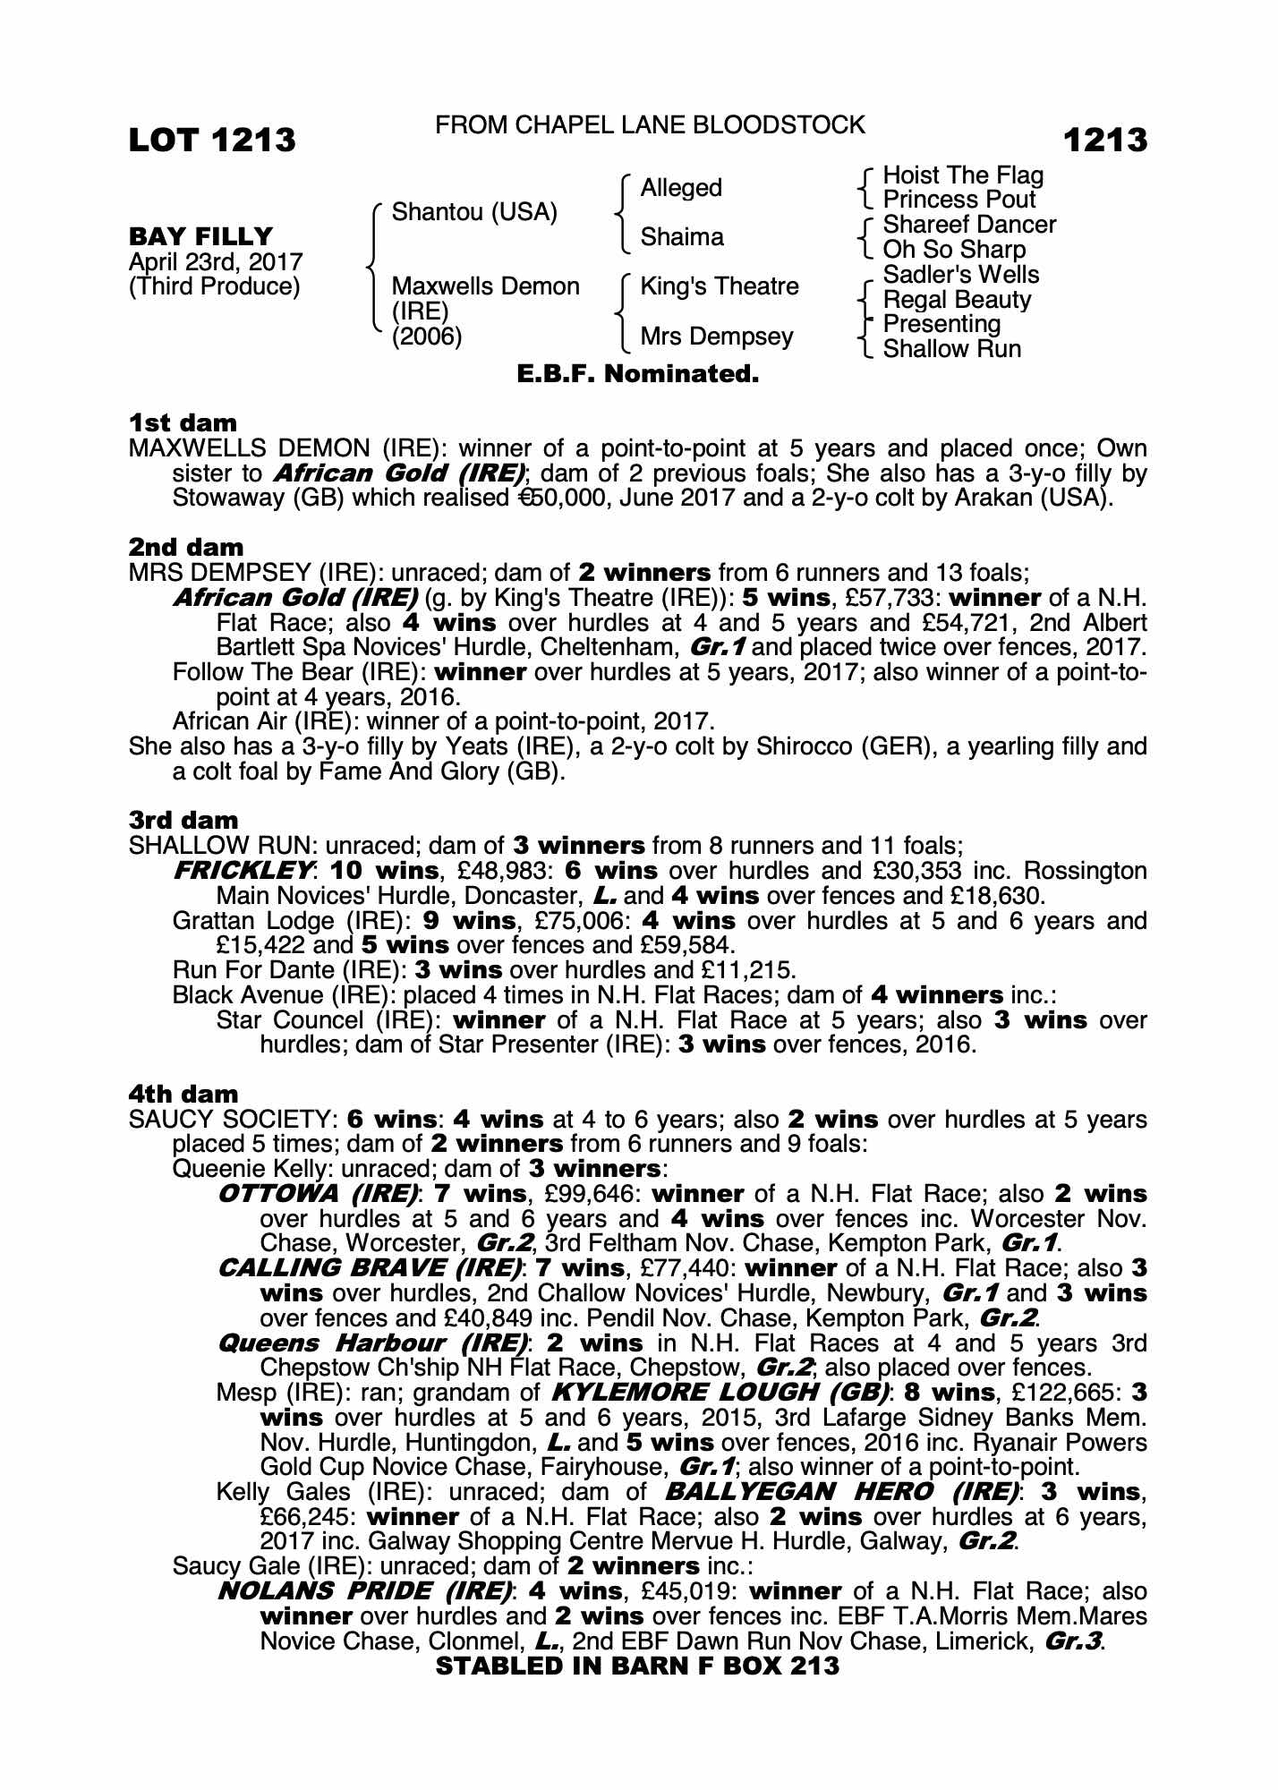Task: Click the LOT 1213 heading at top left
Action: [x=212, y=141]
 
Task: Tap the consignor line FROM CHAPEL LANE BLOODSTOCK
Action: [x=650, y=125]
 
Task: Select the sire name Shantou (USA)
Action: [x=474, y=213]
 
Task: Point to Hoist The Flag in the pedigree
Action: [x=963, y=175]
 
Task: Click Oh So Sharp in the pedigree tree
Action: [x=954, y=250]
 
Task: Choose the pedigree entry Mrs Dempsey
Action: [x=717, y=337]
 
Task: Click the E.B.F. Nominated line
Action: [x=638, y=374]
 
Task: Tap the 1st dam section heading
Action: [x=183, y=422]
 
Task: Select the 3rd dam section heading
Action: [x=183, y=821]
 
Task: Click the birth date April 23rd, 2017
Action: [x=216, y=262]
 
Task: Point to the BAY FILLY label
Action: [x=201, y=237]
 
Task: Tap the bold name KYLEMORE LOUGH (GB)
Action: [x=722, y=1393]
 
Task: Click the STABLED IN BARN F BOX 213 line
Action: [x=637, y=1666]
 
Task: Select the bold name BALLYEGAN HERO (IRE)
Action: [x=841, y=1492]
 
